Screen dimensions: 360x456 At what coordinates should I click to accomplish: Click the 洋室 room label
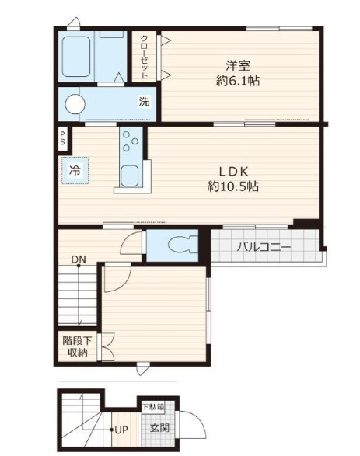(x=238, y=66)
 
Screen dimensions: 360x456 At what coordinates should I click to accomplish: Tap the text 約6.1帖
(x=238, y=81)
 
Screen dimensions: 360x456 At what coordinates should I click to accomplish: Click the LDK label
(x=233, y=172)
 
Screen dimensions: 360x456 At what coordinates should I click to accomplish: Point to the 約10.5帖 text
(x=233, y=186)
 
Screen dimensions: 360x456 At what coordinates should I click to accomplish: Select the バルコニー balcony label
(x=264, y=248)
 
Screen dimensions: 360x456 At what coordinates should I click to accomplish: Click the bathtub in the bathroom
(x=76, y=57)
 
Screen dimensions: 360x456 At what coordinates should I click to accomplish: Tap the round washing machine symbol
(x=75, y=104)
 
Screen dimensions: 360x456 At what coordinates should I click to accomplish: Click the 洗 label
(x=144, y=101)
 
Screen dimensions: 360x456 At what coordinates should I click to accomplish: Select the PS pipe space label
(x=62, y=138)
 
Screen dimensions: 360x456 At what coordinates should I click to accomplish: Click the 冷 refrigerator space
(x=75, y=170)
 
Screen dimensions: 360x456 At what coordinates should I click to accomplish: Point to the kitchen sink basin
(x=129, y=176)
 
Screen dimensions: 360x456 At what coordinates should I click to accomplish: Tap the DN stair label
(x=79, y=259)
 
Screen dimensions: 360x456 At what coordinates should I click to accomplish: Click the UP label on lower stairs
(x=121, y=430)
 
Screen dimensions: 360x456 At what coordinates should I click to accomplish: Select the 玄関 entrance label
(x=159, y=428)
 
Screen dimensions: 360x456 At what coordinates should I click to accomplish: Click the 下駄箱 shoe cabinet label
(x=153, y=406)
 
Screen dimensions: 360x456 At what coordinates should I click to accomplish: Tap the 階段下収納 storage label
(x=78, y=346)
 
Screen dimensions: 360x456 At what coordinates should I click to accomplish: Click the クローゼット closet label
(x=145, y=57)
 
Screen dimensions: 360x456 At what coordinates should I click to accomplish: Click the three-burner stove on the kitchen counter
(x=130, y=141)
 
